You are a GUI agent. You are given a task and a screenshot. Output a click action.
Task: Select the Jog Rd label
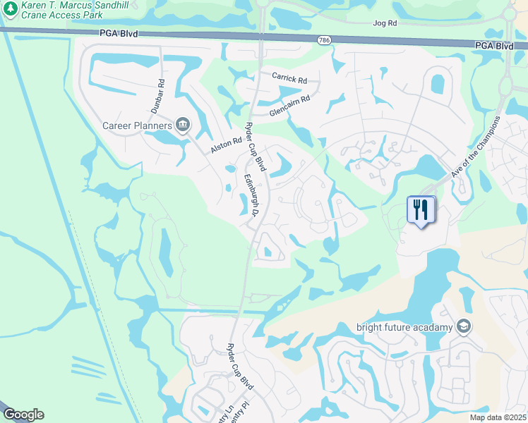385,23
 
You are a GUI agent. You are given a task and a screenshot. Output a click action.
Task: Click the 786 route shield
323,39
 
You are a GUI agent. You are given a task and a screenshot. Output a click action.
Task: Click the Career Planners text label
137,126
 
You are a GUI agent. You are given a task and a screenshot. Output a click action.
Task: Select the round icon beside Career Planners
182,125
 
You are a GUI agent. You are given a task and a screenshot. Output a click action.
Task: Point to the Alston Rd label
226,147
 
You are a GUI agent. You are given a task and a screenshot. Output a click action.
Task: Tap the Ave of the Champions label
476,146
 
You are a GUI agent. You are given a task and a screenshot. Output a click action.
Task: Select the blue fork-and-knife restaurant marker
421,209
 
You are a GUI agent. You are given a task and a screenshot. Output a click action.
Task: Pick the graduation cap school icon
463,326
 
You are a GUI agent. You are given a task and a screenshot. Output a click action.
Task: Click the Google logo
23,415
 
